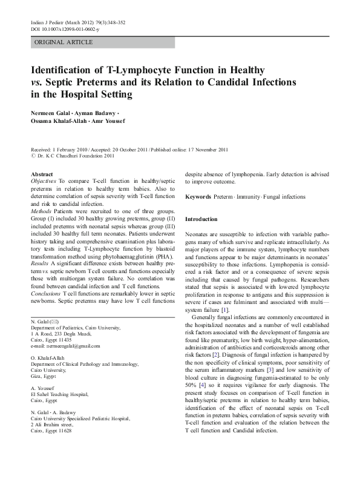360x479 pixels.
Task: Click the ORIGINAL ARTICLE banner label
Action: tap(64, 42)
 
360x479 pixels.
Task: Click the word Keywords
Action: tap(198, 197)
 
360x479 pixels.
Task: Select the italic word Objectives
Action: tap(44, 181)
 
